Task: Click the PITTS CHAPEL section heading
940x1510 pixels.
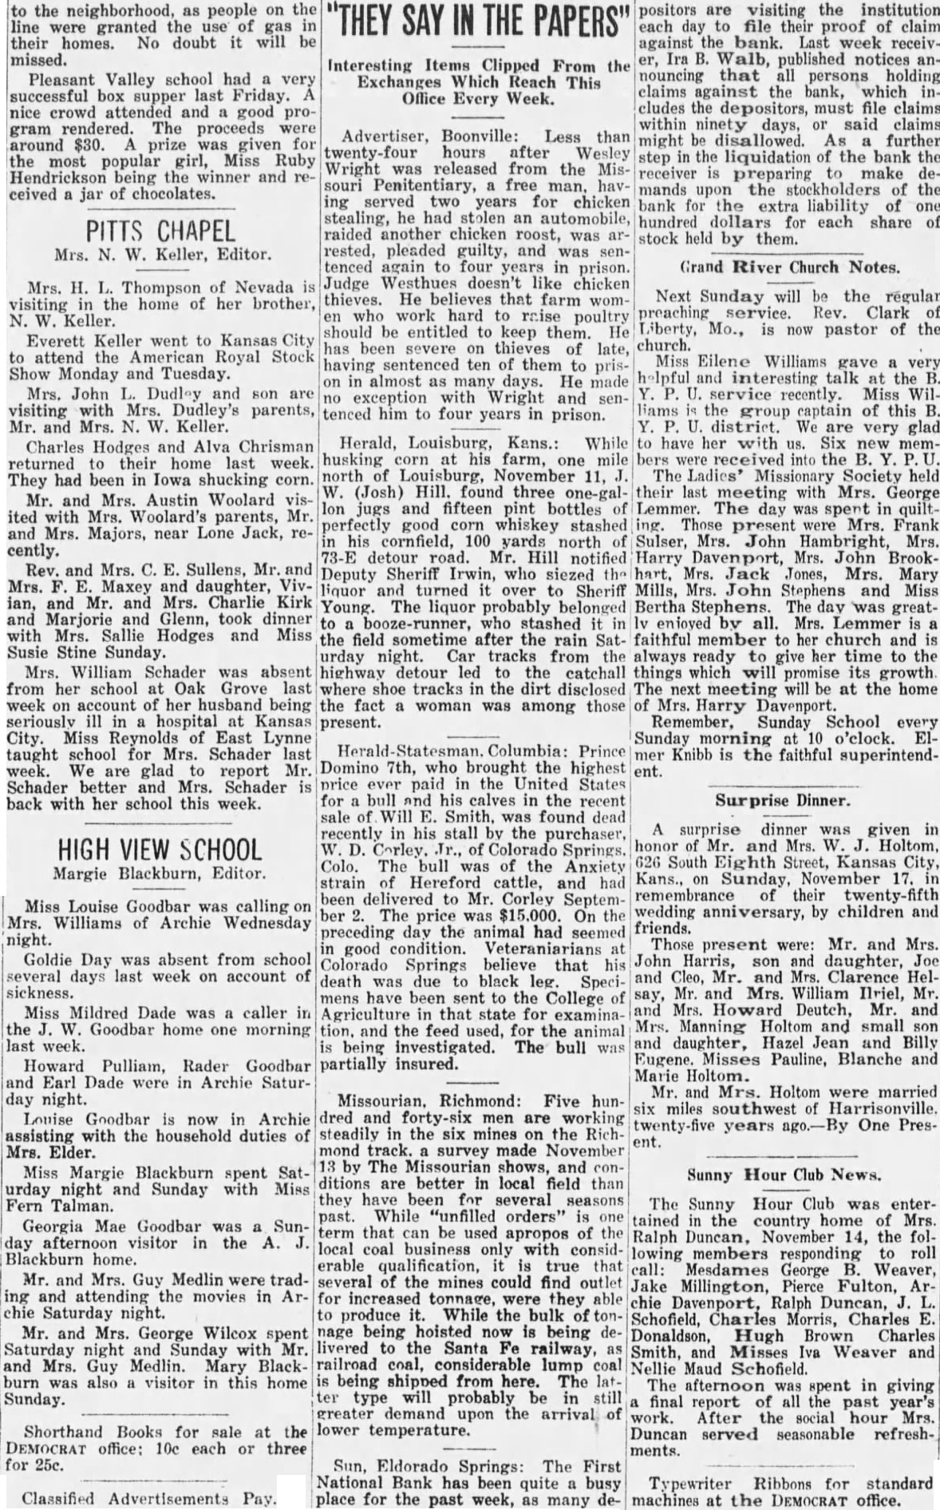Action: tap(161, 232)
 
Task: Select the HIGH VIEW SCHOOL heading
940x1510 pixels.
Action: tap(160, 849)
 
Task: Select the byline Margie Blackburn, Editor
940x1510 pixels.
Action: tap(160, 874)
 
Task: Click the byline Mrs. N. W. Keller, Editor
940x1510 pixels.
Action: tap(163, 256)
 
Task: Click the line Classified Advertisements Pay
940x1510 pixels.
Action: tap(148, 1498)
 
